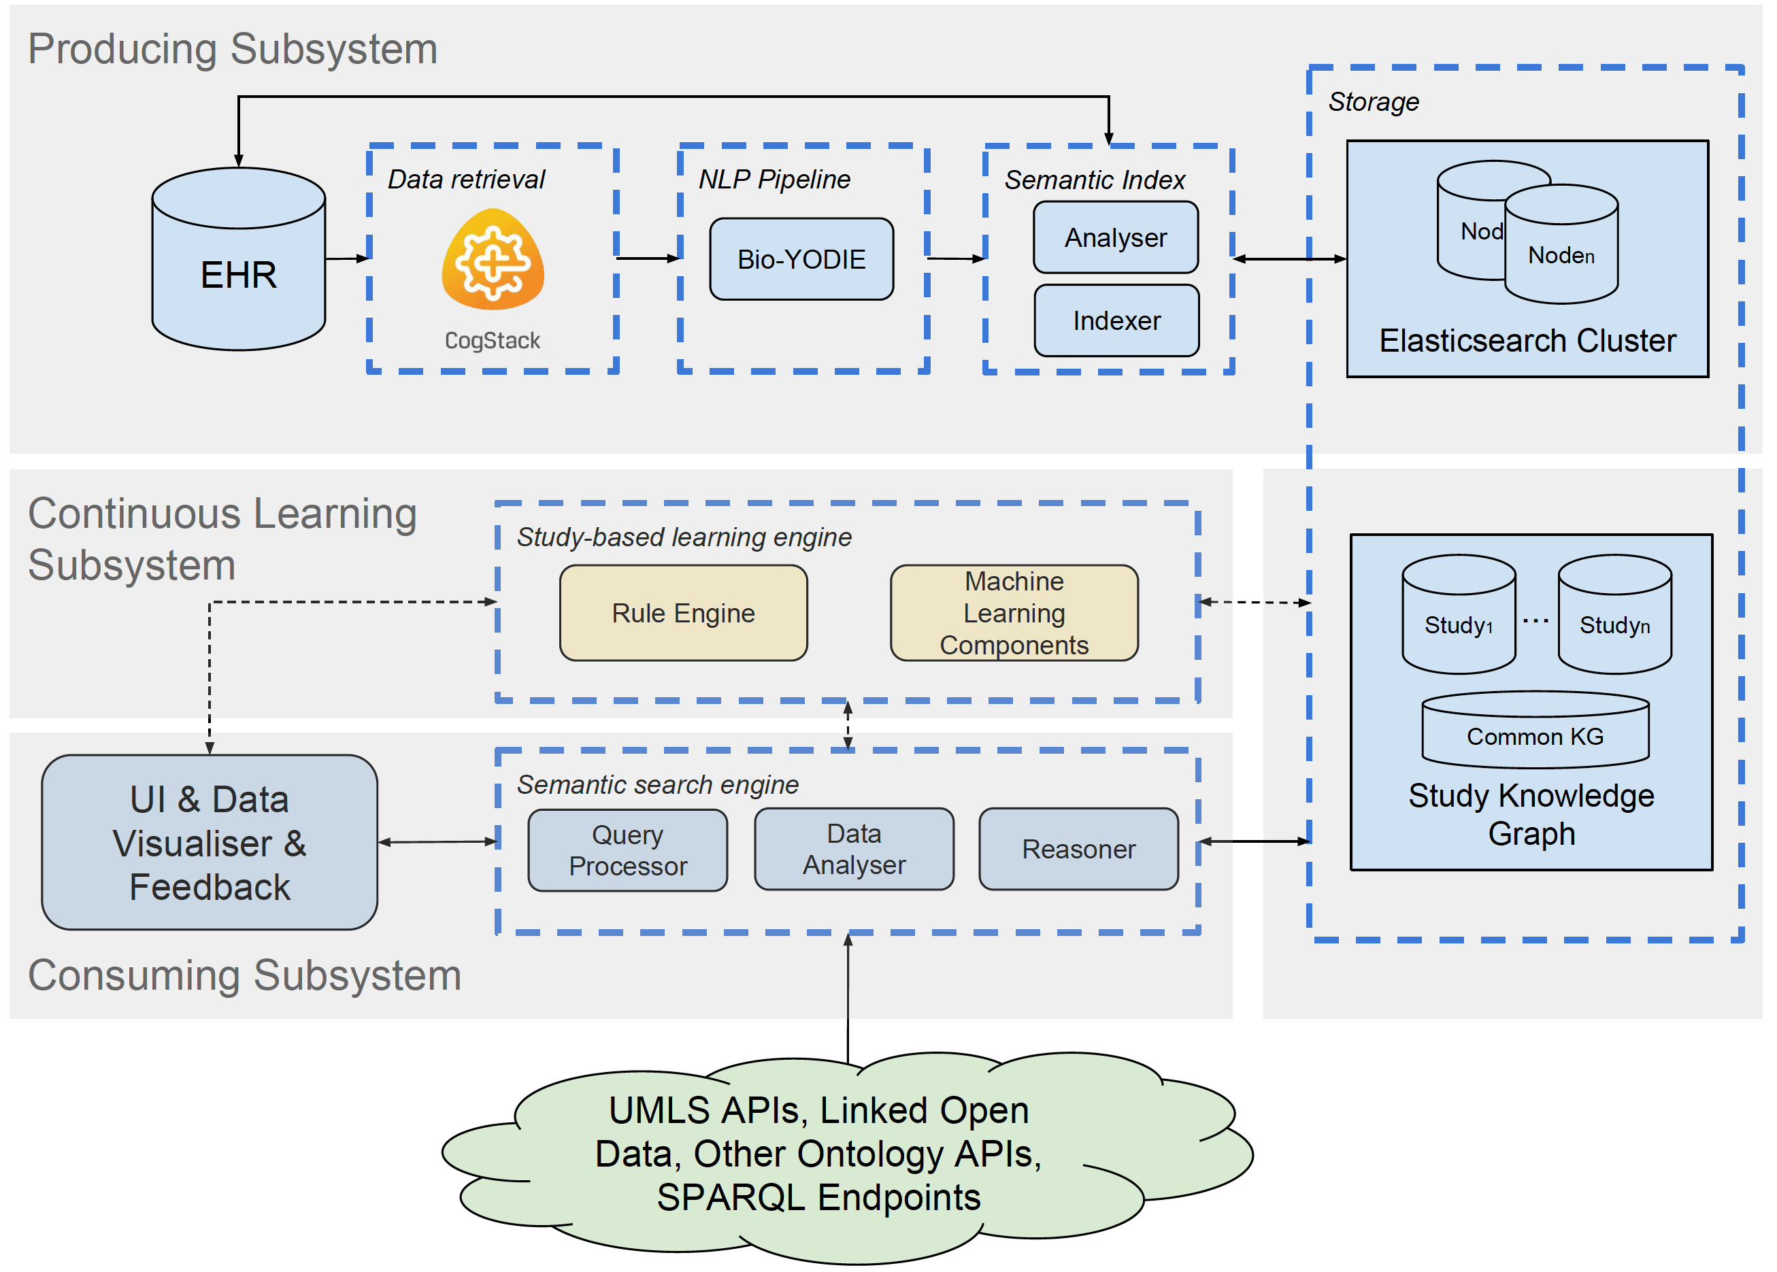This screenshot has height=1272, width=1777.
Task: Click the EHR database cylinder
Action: (x=238, y=258)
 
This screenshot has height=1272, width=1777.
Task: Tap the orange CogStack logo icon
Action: (x=493, y=259)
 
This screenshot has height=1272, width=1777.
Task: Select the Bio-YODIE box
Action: (x=801, y=259)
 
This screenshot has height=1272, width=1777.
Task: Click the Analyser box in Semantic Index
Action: (x=1115, y=237)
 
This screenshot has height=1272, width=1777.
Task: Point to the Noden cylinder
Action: (x=1561, y=244)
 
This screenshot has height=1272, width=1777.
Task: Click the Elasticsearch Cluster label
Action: (x=1527, y=341)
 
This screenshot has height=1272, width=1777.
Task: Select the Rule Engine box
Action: (x=683, y=612)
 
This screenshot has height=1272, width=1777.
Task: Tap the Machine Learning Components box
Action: (x=1014, y=612)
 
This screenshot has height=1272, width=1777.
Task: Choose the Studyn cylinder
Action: (x=1614, y=614)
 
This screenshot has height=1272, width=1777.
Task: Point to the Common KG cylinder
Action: (x=1535, y=729)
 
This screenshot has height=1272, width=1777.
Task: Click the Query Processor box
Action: (x=627, y=850)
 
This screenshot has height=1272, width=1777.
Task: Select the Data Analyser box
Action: (x=854, y=849)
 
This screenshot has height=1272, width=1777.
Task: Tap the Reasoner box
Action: (x=1078, y=849)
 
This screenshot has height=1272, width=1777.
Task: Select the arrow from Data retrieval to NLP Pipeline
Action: (x=648, y=258)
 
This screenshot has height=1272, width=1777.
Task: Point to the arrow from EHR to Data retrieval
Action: (x=347, y=258)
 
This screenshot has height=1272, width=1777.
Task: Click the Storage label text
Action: (x=1373, y=102)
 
